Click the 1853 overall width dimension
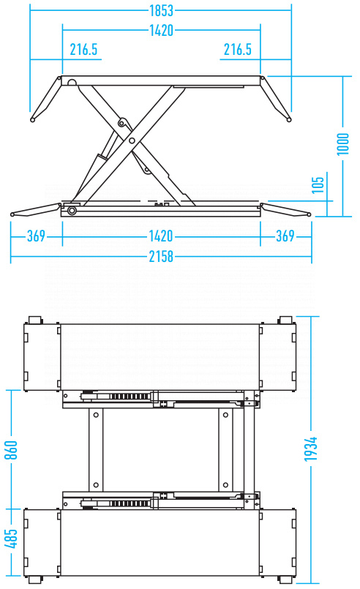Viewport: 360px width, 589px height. pos(161,10)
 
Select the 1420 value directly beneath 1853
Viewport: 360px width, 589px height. pos(161,30)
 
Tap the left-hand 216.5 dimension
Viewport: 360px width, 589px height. pos(83,49)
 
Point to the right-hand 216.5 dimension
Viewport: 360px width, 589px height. pos(238,49)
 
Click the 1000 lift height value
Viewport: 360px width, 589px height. pos(342,144)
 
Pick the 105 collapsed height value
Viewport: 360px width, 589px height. pos(318,185)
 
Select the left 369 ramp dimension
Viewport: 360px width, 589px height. pos(36,236)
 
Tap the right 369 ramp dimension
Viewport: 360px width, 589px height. pos(285,236)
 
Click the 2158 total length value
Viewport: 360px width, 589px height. pos(161,257)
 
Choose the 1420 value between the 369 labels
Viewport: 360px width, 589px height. pos(161,236)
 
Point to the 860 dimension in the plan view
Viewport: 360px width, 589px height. pos(11,450)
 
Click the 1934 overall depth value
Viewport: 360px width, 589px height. pos(311,449)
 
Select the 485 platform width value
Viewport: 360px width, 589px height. pos(11,539)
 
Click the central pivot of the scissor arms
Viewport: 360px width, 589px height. pos(132,141)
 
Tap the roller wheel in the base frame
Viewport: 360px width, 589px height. pos(71,211)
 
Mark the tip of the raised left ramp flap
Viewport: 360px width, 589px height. pos(33,120)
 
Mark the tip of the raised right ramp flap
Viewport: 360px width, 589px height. pos(289,120)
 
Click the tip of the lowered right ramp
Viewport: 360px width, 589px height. pos(309,215)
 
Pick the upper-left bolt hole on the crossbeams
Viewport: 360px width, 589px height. pos(96,415)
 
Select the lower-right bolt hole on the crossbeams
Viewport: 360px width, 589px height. pos(225,485)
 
